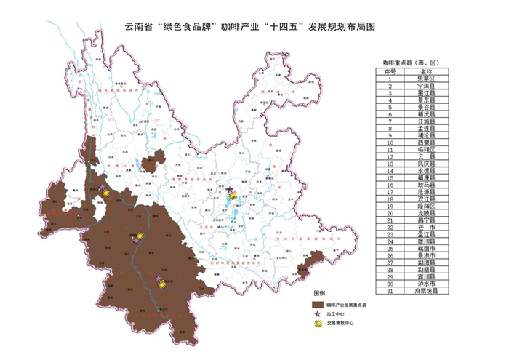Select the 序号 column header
390,72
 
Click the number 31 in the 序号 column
390,291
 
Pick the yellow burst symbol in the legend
317,325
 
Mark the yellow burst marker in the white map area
233,196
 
